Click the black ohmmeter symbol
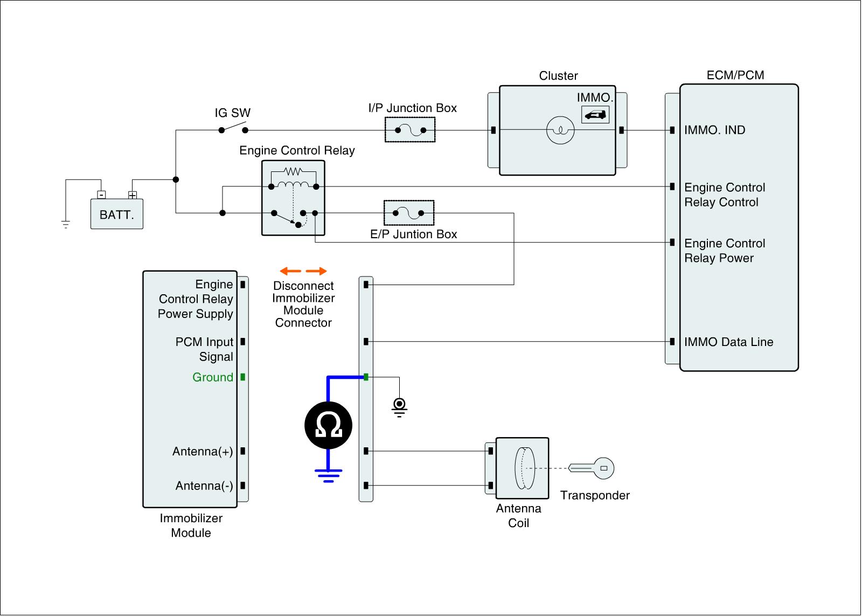[x=328, y=425]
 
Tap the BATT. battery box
[x=117, y=214]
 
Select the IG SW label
[x=232, y=113]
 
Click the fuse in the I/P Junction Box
[x=410, y=130]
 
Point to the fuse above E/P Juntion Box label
[x=409, y=213]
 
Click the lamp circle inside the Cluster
[x=560, y=130]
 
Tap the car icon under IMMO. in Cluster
[x=595, y=114]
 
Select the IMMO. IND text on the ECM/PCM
[x=714, y=130]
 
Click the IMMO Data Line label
[x=729, y=342]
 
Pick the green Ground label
[x=213, y=377]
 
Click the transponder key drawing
[x=591, y=468]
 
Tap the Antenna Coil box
[x=522, y=468]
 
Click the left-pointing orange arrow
[x=290, y=271]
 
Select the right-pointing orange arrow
[x=316, y=271]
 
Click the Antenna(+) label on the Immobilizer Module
[x=203, y=451]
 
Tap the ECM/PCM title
[x=735, y=75]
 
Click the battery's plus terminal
[x=133, y=195]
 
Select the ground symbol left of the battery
[x=66, y=224]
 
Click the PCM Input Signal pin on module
[x=243, y=342]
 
